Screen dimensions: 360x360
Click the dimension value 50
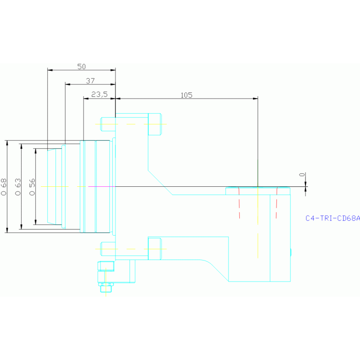82,67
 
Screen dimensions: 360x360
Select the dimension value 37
91,81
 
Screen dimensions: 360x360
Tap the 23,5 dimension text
99,94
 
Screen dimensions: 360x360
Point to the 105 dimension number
186,95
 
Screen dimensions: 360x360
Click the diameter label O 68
4,186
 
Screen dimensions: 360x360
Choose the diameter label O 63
18,186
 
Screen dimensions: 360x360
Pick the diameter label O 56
32,186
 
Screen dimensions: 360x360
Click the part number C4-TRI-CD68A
332,218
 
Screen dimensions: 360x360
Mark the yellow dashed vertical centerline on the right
258,221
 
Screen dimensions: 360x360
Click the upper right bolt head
154,124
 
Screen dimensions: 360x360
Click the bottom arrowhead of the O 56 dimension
35,222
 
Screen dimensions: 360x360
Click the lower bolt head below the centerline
154,248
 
